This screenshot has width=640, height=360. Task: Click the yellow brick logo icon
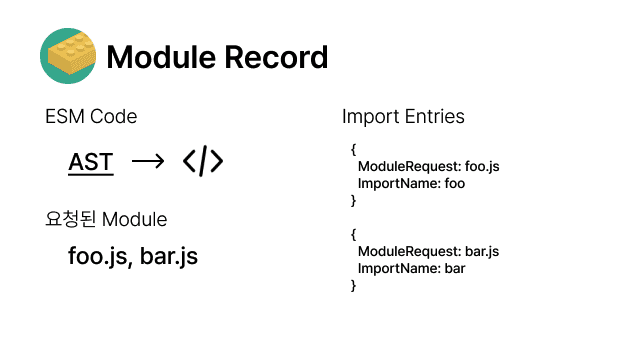[68, 56]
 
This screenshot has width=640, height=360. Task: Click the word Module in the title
[161, 57]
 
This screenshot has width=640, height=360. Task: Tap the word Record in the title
[276, 57]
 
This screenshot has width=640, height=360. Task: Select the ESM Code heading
[91, 116]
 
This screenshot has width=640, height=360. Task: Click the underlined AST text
[91, 162]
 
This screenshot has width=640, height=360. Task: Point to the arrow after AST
[148, 162]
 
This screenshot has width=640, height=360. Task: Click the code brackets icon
[203, 161]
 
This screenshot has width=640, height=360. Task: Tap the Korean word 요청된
[71, 219]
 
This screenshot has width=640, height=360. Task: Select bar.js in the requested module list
[169, 256]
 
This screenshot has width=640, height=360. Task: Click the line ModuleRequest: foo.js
[429, 167]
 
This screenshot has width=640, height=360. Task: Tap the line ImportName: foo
[411, 184]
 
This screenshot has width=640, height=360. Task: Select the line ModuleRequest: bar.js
[429, 251]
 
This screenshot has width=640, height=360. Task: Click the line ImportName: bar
[411, 269]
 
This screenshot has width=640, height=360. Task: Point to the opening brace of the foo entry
[353, 149]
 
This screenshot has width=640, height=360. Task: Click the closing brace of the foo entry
[353, 200]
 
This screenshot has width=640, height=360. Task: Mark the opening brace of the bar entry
[353, 234]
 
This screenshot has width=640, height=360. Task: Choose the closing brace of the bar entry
[353, 285]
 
